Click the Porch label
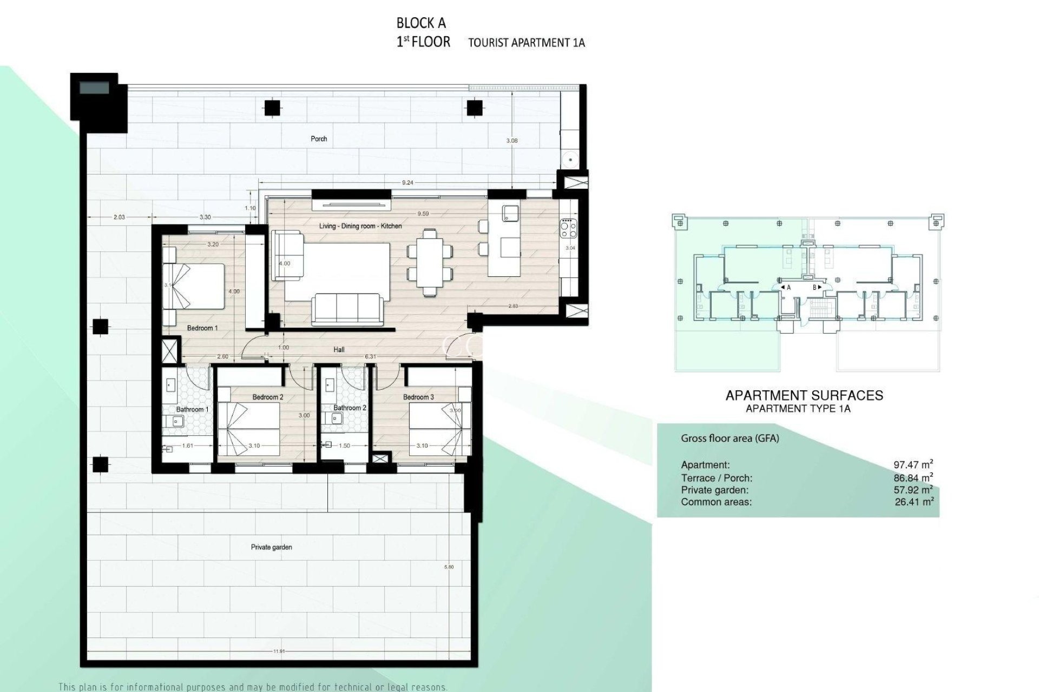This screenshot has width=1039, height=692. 319,139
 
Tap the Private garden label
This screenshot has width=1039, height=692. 271,547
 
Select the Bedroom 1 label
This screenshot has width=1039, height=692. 202,328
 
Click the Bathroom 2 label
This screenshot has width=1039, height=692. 350,408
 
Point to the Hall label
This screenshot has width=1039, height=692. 339,350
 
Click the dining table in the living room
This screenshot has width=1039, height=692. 429,262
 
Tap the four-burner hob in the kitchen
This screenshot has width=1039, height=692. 568,228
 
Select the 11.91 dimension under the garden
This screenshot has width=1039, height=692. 279,651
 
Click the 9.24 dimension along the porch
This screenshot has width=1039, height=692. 407,183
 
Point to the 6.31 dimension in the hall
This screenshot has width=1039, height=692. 370,357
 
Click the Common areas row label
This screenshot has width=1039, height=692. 716,502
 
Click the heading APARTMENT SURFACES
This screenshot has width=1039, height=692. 804,395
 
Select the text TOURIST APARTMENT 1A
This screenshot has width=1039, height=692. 526,43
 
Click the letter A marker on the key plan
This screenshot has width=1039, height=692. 788,288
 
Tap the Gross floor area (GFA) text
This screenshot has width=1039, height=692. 729,438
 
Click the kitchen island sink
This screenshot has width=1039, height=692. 510,213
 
